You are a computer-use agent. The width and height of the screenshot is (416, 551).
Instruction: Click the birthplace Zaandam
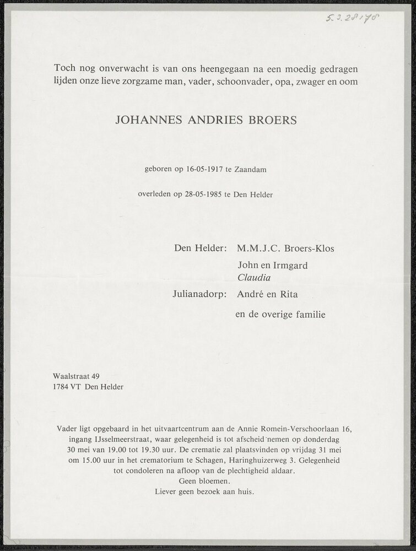click(x=250, y=170)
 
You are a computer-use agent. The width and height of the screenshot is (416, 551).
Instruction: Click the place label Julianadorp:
click(x=199, y=294)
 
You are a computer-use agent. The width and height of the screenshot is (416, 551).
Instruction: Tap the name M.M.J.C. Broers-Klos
click(x=285, y=249)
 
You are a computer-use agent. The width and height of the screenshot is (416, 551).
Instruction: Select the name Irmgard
click(x=289, y=266)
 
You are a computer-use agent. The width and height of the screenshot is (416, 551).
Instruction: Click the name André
click(x=251, y=294)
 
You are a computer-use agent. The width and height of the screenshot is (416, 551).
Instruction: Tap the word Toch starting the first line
click(x=65, y=68)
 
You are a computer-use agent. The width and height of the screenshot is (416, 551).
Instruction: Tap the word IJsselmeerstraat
click(x=126, y=439)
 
